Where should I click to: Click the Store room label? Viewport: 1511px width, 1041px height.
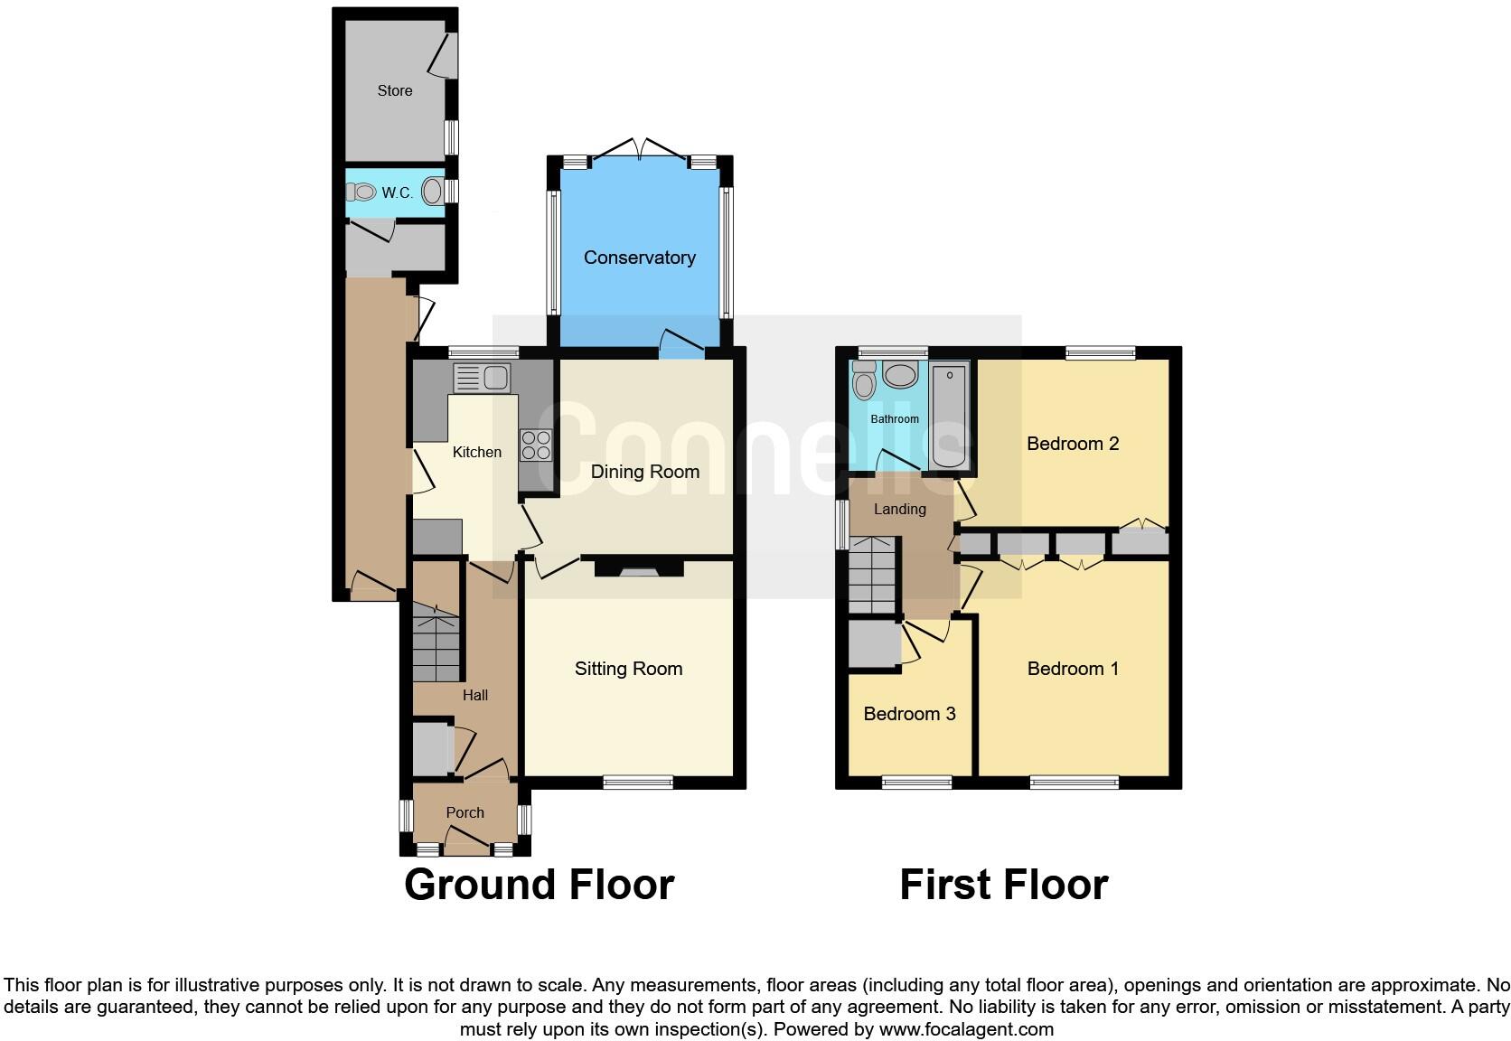click(x=395, y=90)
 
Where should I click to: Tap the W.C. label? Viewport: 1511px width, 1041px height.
click(x=397, y=192)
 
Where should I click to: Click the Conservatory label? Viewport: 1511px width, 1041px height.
click(x=639, y=258)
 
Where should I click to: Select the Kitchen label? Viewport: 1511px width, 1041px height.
click(x=476, y=452)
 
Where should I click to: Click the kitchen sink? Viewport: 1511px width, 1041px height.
click(x=482, y=378)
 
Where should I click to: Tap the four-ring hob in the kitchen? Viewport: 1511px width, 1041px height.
click(x=536, y=445)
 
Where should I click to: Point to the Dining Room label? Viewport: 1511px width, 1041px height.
click(x=644, y=472)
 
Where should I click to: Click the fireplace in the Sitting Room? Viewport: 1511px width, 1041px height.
click(x=639, y=569)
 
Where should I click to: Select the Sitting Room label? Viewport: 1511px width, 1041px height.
click(x=628, y=669)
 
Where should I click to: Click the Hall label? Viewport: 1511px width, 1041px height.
click(x=474, y=695)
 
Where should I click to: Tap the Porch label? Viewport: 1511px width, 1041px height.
click(x=465, y=812)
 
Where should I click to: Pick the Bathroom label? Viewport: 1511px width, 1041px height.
click(x=894, y=419)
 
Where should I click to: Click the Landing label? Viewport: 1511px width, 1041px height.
click(x=899, y=509)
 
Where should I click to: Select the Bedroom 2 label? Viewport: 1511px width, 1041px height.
click(x=1073, y=444)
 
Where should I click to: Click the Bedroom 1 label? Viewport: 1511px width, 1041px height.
click(x=1073, y=669)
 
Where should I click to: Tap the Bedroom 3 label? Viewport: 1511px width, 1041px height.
click(x=909, y=714)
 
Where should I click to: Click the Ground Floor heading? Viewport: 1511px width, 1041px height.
click(x=539, y=885)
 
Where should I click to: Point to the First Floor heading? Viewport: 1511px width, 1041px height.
click(x=1003, y=885)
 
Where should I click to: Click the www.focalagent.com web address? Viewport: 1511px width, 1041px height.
click(x=966, y=1029)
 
